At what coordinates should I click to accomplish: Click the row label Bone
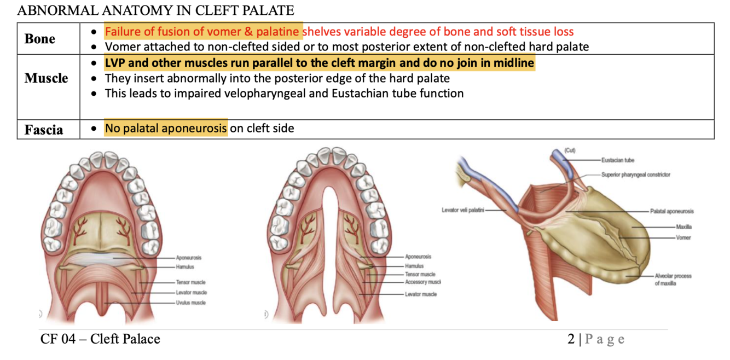(x=40, y=39)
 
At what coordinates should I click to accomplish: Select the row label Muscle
(x=46, y=79)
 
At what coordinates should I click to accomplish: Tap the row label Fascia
(x=44, y=130)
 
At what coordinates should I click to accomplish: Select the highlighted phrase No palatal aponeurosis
(x=166, y=129)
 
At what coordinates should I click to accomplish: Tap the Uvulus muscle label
(x=190, y=303)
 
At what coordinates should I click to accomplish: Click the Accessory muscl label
(x=422, y=282)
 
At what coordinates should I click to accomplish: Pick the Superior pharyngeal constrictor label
(x=635, y=175)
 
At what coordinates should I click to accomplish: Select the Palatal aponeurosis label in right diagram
(x=671, y=211)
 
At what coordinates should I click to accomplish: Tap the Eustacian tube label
(x=618, y=160)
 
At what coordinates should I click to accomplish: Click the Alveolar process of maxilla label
(x=673, y=280)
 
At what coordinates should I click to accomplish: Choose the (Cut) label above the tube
(x=570, y=150)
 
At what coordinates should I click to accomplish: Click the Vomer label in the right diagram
(x=683, y=237)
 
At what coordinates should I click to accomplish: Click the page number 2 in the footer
(x=571, y=339)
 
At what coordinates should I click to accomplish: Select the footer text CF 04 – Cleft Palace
(x=100, y=339)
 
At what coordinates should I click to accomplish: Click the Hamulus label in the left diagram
(x=184, y=266)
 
